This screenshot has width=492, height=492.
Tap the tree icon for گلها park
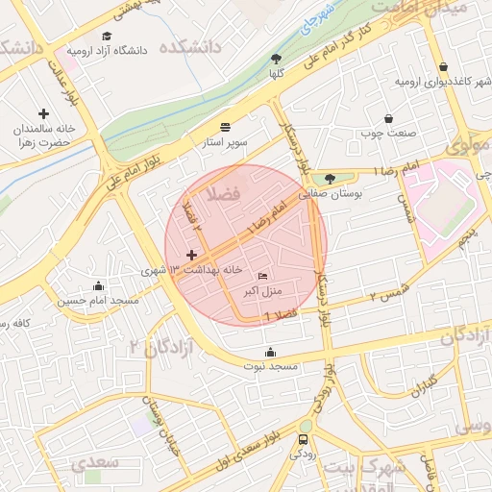pos(277,59)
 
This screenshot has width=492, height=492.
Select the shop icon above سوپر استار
pos(226,127)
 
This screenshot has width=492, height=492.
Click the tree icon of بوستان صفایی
pos(331,178)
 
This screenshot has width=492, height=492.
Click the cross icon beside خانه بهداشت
pos(191,256)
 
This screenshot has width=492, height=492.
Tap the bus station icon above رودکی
pos(304,441)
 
